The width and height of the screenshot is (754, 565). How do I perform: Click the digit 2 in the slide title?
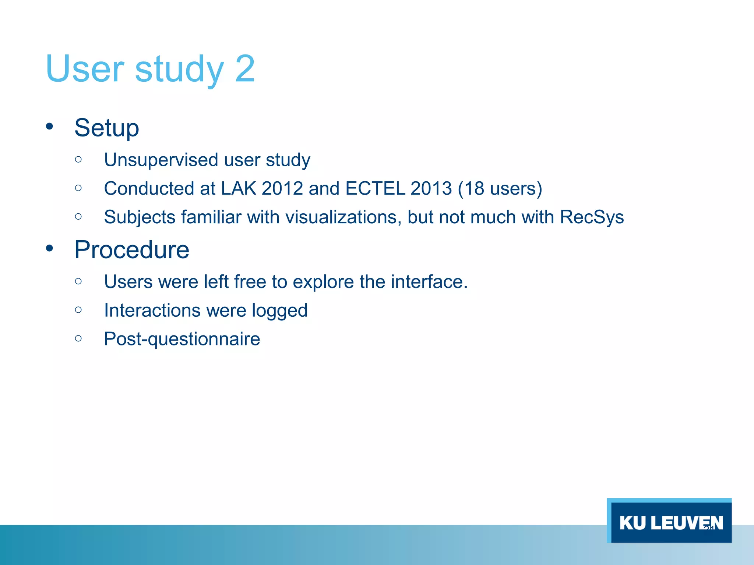(244, 69)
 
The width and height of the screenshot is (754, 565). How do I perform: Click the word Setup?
(107, 128)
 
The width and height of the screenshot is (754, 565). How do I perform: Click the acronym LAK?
(238, 189)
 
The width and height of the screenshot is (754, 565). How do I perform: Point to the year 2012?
(282, 189)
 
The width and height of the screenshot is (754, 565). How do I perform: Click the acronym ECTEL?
(375, 189)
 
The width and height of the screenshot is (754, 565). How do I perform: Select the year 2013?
(431, 189)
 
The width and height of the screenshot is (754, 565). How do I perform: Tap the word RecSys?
(592, 217)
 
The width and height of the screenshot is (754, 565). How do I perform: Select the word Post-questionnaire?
(182, 339)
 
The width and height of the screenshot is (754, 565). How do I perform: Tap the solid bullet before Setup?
(49, 127)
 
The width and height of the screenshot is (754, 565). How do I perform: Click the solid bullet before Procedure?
(49, 249)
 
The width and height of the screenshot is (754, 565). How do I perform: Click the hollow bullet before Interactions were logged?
(78, 310)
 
